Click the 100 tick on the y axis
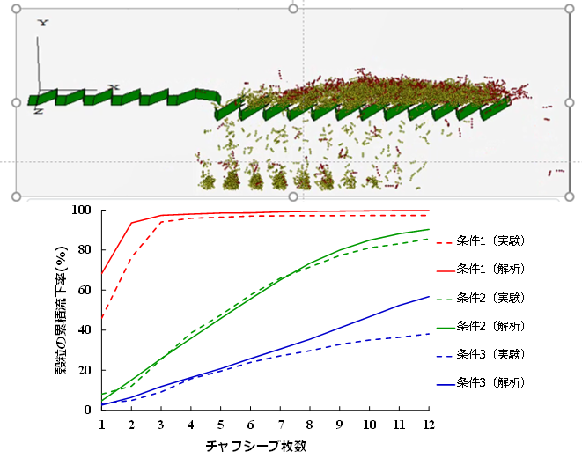point(85,211)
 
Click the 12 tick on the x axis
point(429,424)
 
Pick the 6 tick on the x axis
point(251,424)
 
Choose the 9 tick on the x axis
point(340,424)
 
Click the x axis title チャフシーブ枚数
point(264,447)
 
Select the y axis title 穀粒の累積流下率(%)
point(63,308)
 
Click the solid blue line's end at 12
point(429,297)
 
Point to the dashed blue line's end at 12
point(429,334)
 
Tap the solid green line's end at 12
point(429,230)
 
